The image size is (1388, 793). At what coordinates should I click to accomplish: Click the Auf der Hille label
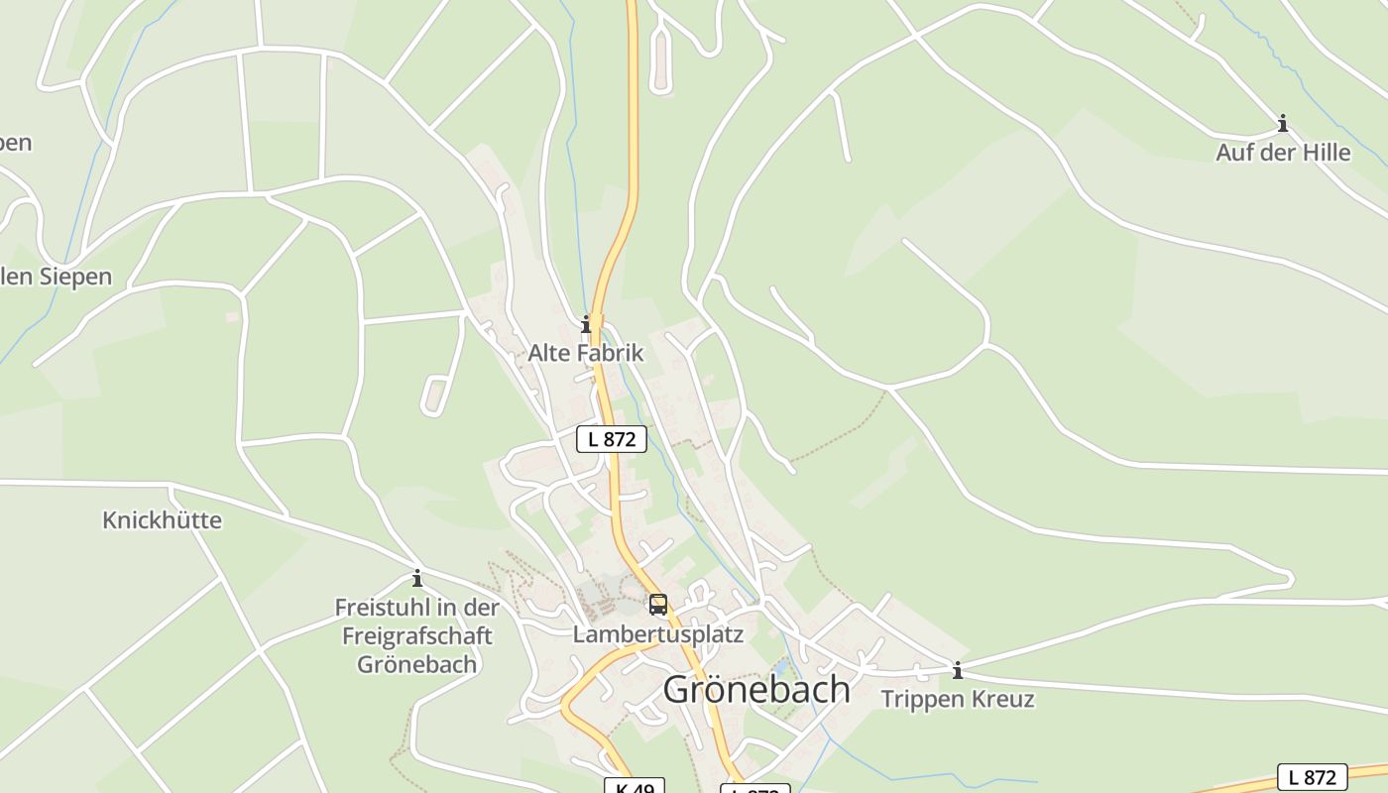(x=1283, y=153)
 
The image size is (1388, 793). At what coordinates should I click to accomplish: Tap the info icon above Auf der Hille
(x=1283, y=124)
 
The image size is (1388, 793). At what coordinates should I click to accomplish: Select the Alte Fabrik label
(x=585, y=353)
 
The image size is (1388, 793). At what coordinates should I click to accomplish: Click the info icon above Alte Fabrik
(x=586, y=324)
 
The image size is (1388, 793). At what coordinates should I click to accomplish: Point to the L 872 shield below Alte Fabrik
(x=612, y=438)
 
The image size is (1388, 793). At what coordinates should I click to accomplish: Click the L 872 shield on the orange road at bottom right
(x=1313, y=777)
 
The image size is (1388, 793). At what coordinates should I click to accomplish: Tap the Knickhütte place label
(x=162, y=520)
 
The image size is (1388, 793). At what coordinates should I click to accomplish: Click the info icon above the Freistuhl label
(x=417, y=578)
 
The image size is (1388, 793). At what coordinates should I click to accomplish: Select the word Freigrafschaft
(x=417, y=635)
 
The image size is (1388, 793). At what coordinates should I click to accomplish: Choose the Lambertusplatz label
(x=657, y=634)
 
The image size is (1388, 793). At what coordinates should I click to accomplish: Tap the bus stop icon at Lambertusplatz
(x=658, y=604)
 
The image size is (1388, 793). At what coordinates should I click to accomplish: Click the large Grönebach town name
(x=756, y=689)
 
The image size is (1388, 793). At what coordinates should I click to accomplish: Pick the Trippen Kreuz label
(x=958, y=699)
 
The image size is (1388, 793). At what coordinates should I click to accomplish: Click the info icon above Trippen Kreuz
(x=958, y=671)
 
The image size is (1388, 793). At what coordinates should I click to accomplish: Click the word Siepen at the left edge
(x=75, y=277)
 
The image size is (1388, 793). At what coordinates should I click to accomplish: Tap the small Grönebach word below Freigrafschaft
(x=417, y=664)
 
